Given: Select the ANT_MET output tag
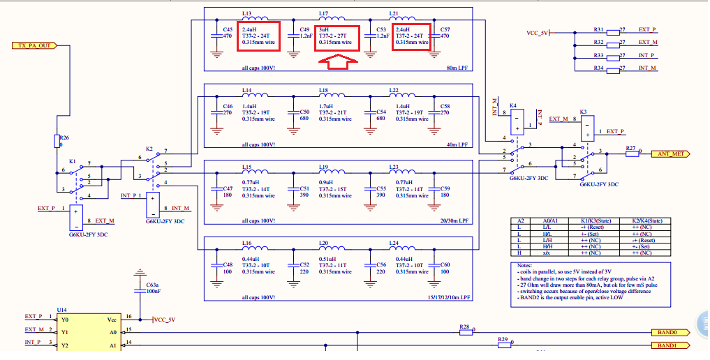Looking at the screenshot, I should [671, 153].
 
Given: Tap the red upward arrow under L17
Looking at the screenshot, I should [338, 61].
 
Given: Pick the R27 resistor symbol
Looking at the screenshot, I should [633, 153].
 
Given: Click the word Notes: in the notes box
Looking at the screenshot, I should [526, 266].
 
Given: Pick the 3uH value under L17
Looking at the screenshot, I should [324, 30].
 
